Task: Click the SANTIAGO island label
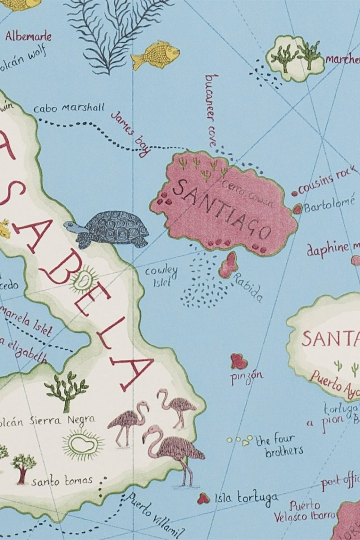coord(221,209)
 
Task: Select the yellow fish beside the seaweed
coord(156,55)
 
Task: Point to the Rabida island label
coord(247,288)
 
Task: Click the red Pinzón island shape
coord(239,361)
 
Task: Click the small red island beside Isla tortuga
coord(203,498)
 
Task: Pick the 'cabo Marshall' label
coord(68,108)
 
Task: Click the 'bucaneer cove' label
coord(211,110)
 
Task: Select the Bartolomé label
coord(329,205)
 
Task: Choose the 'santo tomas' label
coord(62,481)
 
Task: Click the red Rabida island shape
coord(229,265)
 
